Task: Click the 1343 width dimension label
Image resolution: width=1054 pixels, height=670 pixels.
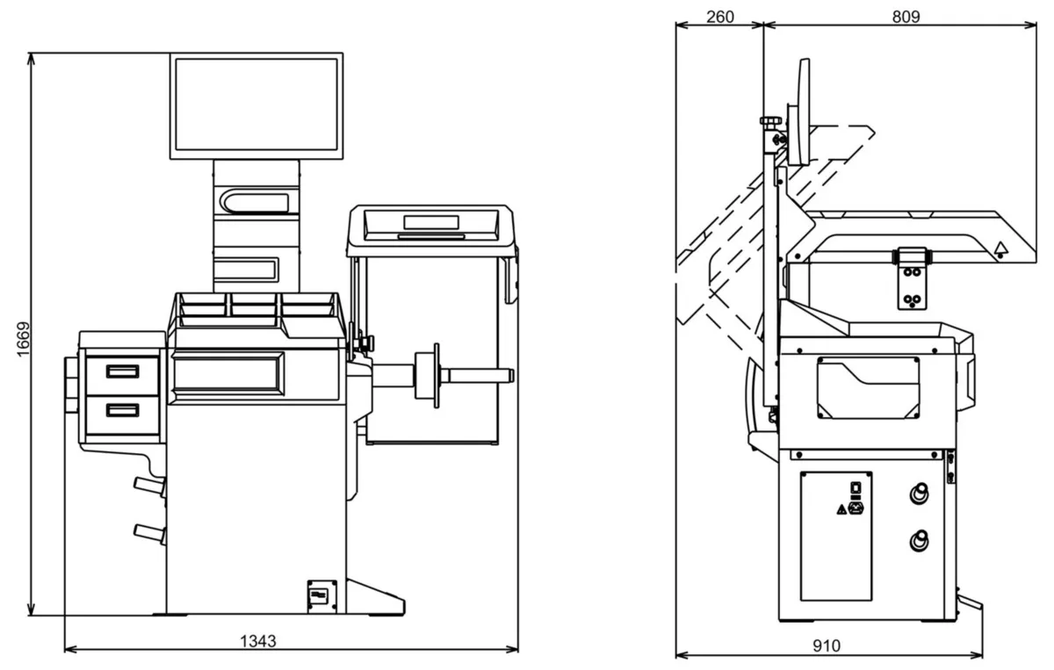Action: (x=258, y=641)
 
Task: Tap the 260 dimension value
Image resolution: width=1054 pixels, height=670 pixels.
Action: (x=719, y=17)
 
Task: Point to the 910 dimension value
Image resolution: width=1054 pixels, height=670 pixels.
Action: (x=826, y=645)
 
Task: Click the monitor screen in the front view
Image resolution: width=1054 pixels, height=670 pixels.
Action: (x=255, y=104)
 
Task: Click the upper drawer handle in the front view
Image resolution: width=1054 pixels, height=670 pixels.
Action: (x=123, y=371)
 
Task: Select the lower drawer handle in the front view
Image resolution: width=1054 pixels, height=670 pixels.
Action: (x=123, y=408)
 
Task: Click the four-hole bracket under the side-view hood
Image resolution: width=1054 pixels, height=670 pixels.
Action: (x=912, y=279)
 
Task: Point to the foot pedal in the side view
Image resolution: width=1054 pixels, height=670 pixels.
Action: (x=970, y=607)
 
